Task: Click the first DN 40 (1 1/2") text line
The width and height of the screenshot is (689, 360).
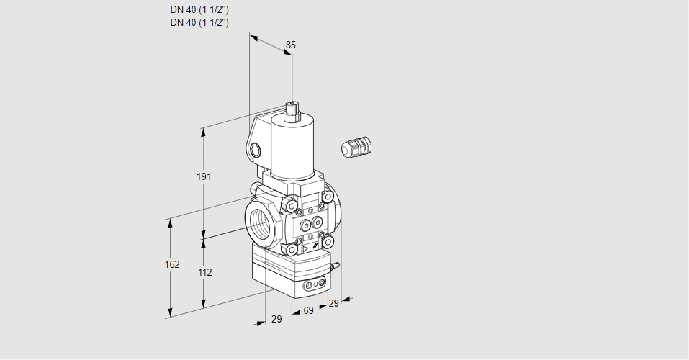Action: [199, 10]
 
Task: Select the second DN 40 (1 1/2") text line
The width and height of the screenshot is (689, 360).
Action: [199, 22]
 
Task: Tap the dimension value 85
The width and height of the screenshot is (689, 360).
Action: [290, 45]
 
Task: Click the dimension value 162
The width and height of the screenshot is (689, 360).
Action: [172, 264]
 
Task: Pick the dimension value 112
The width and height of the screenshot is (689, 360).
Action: [204, 272]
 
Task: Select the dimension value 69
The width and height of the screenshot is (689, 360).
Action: [308, 310]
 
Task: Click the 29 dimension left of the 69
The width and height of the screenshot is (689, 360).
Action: [276, 319]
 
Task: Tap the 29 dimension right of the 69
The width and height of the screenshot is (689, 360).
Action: [333, 304]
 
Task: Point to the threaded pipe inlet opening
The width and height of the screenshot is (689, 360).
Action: [261, 220]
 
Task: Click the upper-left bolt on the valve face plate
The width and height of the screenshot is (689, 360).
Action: [291, 207]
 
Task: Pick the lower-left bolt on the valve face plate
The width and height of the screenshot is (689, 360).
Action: [291, 249]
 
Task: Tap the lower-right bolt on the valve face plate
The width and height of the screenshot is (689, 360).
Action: [328, 242]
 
